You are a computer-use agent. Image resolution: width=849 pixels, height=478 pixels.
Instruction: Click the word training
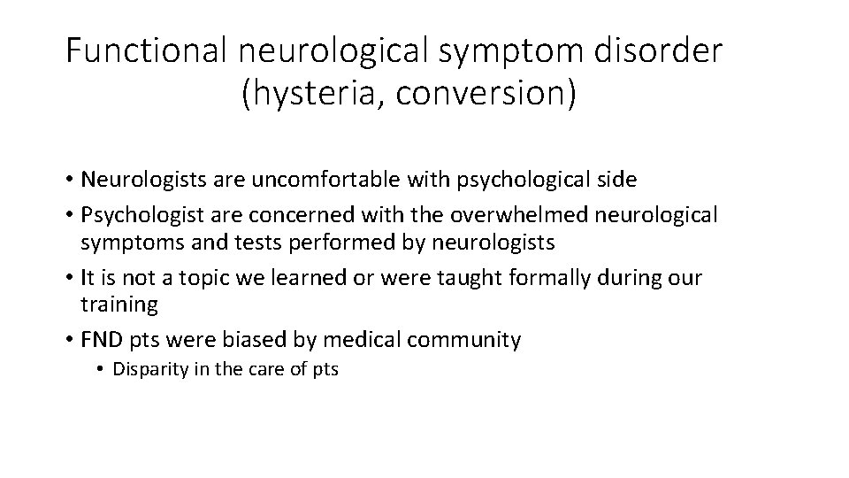click(119, 305)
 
